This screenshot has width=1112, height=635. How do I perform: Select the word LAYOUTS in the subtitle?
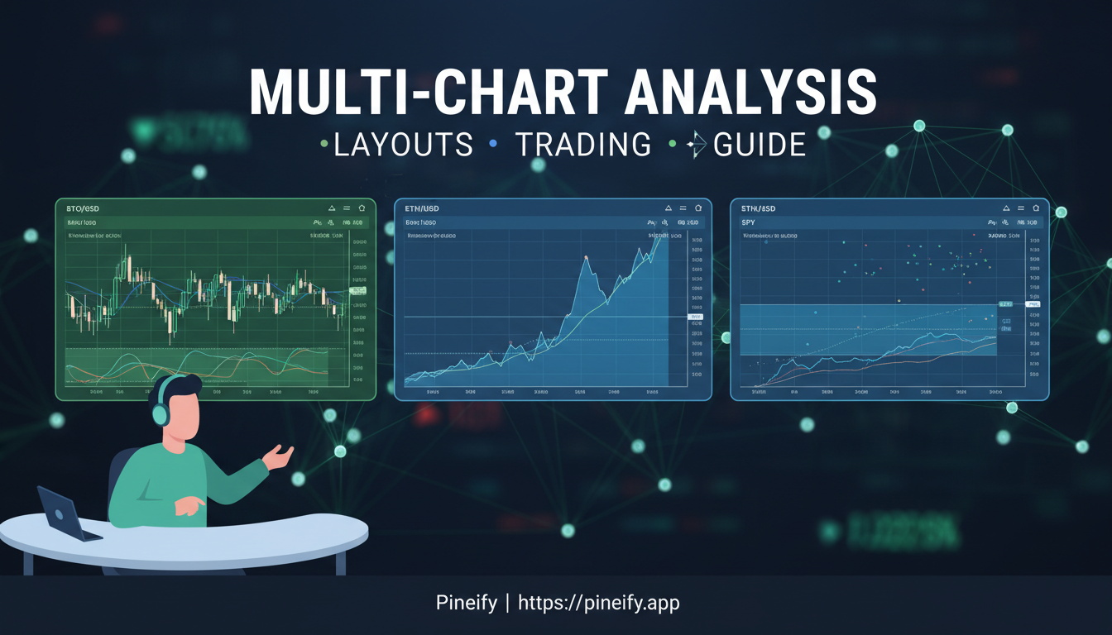click(x=403, y=145)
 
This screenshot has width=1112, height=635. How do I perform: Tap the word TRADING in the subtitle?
click(x=583, y=145)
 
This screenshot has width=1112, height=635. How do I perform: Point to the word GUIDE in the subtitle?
click(x=759, y=145)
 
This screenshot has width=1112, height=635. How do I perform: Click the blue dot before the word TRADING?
click(x=493, y=144)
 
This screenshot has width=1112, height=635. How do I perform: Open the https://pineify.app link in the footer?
click(x=598, y=603)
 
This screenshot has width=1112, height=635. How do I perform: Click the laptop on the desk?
click(x=68, y=514)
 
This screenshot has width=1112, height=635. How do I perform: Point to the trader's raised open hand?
click(x=279, y=456)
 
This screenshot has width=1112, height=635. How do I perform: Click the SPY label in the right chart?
click(x=748, y=222)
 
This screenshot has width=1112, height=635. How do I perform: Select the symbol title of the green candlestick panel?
click(x=83, y=208)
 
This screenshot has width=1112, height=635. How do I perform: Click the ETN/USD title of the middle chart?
click(x=422, y=208)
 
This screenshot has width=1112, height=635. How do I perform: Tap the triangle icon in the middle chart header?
click(x=669, y=208)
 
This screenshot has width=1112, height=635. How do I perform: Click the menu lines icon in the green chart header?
click(x=347, y=208)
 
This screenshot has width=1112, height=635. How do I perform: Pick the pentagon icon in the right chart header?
click(x=1036, y=208)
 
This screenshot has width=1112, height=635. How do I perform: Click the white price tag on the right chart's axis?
click(x=1033, y=304)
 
